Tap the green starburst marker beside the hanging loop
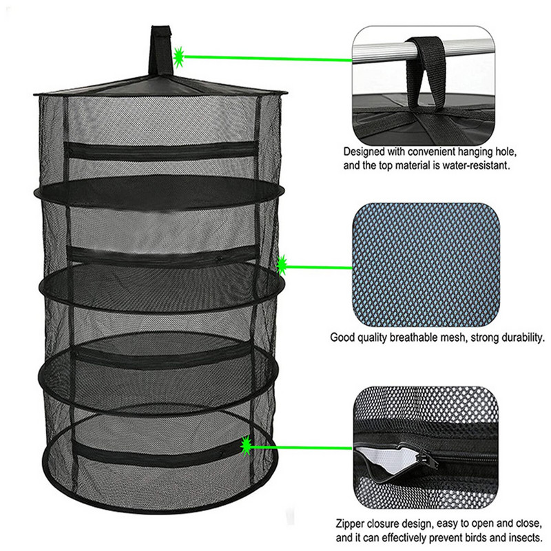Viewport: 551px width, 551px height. pos(179,56)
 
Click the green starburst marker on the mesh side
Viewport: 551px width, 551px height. pos(282,265)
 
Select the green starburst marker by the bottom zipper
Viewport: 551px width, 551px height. pos(246,446)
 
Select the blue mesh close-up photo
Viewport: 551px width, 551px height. pos(426,264)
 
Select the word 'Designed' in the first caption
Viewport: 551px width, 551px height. pos(364,152)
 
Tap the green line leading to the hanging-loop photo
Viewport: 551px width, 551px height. pos(268,58)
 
